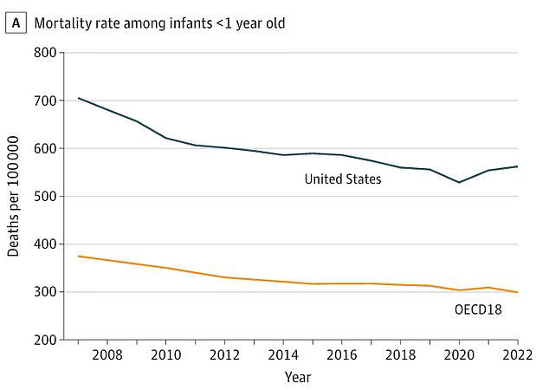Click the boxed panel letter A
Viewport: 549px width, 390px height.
(x=15, y=23)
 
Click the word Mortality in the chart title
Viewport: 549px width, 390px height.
(x=61, y=23)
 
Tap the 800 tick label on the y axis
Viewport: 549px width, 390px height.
(x=45, y=53)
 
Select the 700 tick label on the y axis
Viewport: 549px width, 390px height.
(x=45, y=101)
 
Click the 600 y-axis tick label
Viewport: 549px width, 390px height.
(x=45, y=148)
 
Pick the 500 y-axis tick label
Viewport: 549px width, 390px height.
(x=45, y=197)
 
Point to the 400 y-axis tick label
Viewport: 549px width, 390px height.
(x=45, y=244)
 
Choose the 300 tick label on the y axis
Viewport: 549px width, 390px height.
(x=45, y=292)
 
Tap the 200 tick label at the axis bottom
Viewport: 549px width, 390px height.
(x=45, y=340)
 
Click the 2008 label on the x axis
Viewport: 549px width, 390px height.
(x=107, y=355)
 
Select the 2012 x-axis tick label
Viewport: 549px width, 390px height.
(x=224, y=355)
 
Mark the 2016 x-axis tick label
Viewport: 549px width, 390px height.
(x=341, y=355)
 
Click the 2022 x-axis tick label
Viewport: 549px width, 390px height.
(x=516, y=355)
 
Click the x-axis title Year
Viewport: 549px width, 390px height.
(x=297, y=377)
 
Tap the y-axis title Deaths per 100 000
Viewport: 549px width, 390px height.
(x=14, y=197)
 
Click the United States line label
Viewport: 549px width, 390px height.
(x=343, y=179)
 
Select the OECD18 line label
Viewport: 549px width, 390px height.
(x=476, y=309)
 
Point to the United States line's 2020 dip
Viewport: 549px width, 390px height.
(x=459, y=182)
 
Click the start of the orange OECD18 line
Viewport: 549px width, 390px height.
(x=79, y=256)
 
